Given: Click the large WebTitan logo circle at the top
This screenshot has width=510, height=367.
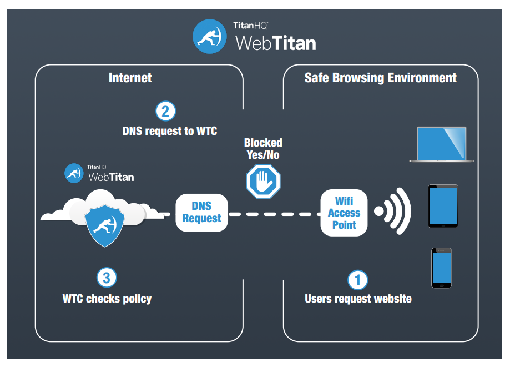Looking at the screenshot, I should pos(210,37).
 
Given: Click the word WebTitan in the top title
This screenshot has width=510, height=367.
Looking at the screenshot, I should pos(275,43).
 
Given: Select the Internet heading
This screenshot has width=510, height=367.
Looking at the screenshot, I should pos(130,78).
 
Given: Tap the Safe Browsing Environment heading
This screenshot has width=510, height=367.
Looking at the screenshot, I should pos(380,78).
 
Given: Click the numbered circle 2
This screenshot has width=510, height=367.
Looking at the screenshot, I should pos(165,111).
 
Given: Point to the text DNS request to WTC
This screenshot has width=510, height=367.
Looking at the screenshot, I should pos(169,132).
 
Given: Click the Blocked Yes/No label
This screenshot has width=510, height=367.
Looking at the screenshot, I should pos(263,149).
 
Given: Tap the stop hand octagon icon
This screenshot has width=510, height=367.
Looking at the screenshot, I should pos(263,181).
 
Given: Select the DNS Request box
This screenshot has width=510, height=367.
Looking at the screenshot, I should pos(201,213).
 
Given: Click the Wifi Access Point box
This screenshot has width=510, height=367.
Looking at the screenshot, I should pos(344,213).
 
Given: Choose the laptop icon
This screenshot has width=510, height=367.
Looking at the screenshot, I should pos(442,144).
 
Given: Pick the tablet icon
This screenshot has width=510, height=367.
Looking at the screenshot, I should pos(443,206).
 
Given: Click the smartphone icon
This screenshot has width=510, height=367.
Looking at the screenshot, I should pos(441,268).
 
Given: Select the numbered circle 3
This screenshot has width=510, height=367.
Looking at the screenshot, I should pos(107,277).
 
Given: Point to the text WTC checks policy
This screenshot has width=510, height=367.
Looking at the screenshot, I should pos(107,299).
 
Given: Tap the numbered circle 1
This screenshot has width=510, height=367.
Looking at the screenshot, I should pos(358,279).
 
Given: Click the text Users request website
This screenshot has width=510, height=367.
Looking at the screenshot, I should pos(358,299).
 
